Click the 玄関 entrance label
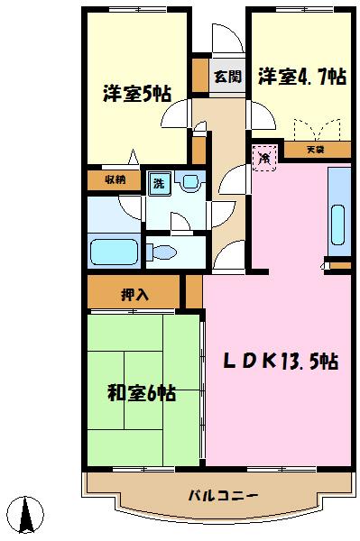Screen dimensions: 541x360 (226, 77)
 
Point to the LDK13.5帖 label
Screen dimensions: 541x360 (281, 362)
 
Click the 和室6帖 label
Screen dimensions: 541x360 (141, 393)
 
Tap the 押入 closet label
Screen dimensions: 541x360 (135, 293)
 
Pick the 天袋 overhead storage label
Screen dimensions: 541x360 (314, 149)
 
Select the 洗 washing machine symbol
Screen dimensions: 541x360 (159, 183)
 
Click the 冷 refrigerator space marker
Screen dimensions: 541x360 (264, 158)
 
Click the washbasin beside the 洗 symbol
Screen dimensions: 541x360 (190, 183)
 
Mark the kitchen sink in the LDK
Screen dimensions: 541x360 (338, 221)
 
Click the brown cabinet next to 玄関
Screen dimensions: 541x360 (199, 76)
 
